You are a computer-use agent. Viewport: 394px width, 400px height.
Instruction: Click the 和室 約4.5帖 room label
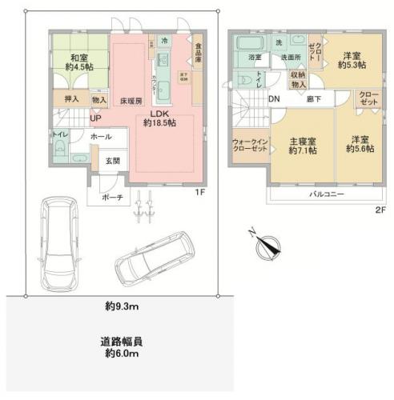[x=78, y=62]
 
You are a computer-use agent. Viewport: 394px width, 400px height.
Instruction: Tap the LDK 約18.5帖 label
[x=159, y=118]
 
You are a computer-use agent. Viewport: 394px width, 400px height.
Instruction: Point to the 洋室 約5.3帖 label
[x=351, y=60]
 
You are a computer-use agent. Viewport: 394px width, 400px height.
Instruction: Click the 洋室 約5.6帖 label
[x=357, y=144]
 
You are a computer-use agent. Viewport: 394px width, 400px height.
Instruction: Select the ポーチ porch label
[x=111, y=197]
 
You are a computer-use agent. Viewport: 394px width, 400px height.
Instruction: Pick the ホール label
[x=101, y=137]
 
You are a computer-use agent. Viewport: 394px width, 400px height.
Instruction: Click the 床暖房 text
[x=131, y=102]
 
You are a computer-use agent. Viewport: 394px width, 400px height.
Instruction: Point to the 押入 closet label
[x=71, y=100]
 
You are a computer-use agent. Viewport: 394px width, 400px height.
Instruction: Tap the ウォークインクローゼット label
[x=250, y=146]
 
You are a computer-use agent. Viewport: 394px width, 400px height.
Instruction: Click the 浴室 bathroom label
[x=255, y=58]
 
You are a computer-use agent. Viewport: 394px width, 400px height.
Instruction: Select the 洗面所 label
[x=289, y=58]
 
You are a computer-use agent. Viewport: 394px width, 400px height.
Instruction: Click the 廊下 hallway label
[x=313, y=98]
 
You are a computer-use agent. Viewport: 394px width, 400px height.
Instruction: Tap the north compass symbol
[x=269, y=244]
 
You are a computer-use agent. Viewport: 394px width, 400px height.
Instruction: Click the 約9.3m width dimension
[x=123, y=306]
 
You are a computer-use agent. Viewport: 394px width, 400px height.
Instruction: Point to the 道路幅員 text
[x=122, y=340]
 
